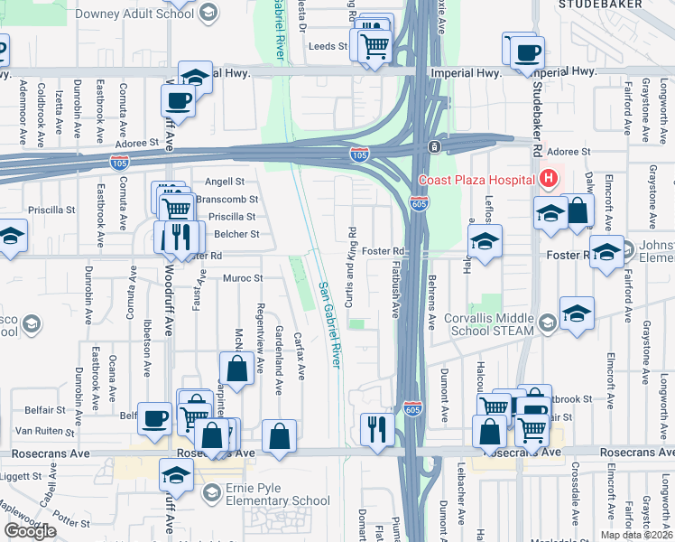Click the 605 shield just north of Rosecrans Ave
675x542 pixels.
[x=412, y=408]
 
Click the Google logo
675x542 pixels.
[x=30, y=531]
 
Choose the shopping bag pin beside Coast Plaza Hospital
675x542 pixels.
[x=578, y=213]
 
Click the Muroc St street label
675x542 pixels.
[x=242, y=278]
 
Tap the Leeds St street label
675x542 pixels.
[x=328, y=46]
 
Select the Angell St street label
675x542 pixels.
[x=225, y=182]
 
